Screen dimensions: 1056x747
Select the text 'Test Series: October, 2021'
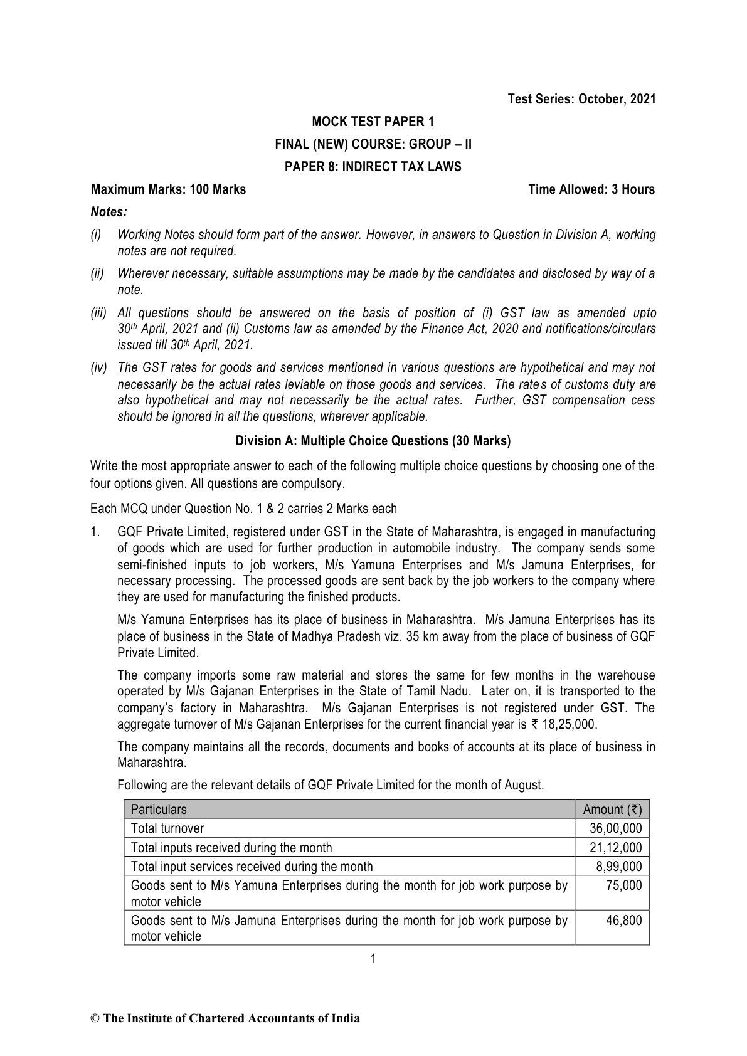[x=581, y=99]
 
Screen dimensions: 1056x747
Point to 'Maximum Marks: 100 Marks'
[x=168, y=189]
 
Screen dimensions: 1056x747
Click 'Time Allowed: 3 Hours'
[x=591, y=189]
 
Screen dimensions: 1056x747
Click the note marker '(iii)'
[x=99, y=313]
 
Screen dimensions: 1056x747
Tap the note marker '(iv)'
[x=99, y=367]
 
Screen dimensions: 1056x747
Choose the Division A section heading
[x=373, y=441]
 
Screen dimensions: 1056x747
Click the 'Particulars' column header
[x=159, y=810]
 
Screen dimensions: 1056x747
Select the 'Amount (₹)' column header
[x=612, y=810]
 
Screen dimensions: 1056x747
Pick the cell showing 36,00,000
[x=616, y=828]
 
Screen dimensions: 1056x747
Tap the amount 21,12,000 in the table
[x=616, y=848]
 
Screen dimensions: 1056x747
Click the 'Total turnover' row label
[x=167, y=828]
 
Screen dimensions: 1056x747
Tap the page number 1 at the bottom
[x=373, y=958]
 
